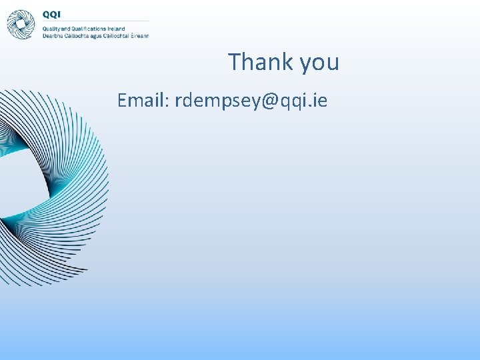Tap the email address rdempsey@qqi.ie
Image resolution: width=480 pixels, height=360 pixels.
(251, 101)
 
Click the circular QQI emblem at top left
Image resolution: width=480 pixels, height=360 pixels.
(21, 24)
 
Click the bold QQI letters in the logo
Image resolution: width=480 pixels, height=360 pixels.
(51, 14)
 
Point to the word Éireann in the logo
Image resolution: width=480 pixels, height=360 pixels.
(139, 36)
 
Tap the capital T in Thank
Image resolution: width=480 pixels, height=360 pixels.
(234, 62)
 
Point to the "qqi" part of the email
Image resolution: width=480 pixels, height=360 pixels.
(297, 102)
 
